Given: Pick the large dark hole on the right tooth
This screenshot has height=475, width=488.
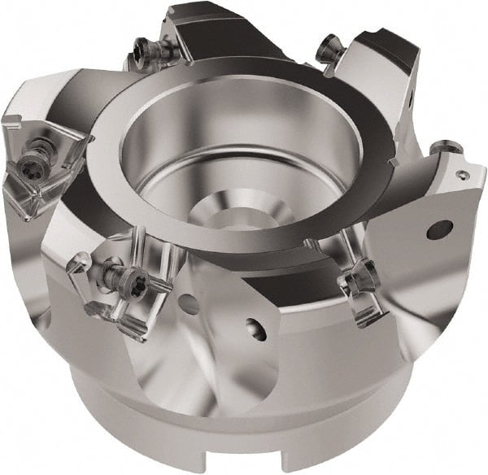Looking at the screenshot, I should [440, 229].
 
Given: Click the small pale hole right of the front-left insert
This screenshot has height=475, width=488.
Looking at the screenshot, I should [190, 305].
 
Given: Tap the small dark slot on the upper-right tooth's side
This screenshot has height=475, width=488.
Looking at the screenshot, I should [412, 104].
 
